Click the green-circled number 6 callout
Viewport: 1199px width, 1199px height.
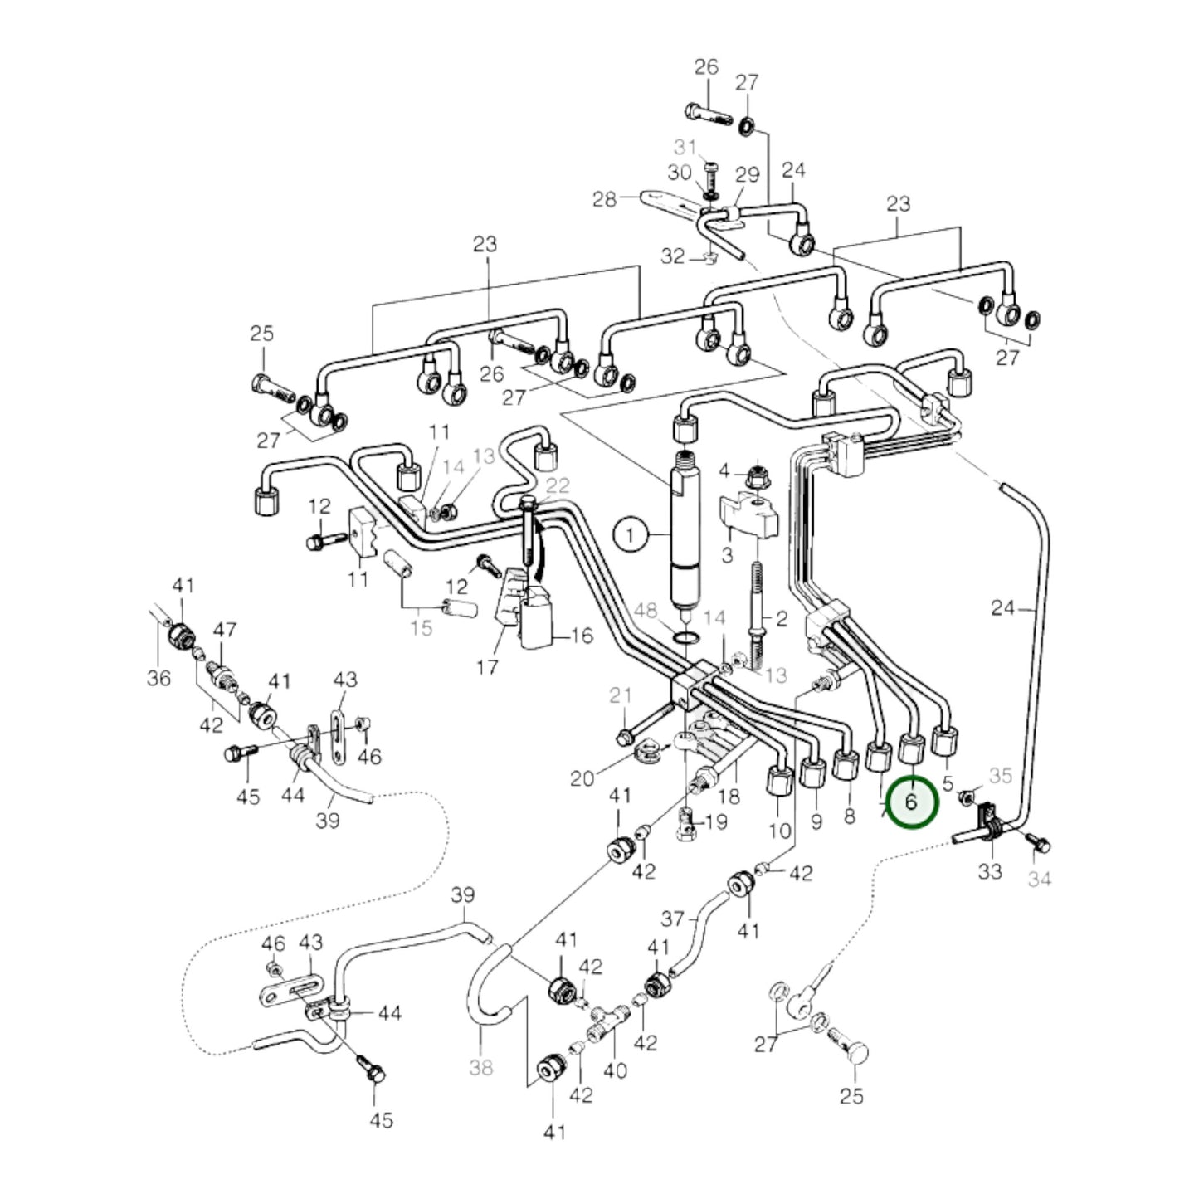[911, 802]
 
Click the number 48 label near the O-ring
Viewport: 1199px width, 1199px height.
[646, 611]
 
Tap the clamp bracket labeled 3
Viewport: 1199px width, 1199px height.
[749, 514]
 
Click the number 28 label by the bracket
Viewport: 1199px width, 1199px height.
[605, 200]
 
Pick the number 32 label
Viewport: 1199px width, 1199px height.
[673, 256]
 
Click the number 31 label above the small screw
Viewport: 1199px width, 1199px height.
[685, 147]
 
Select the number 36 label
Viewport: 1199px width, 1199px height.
[158, 678]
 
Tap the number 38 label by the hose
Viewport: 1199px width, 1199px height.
[481, 1066]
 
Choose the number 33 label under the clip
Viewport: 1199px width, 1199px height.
[990, 871]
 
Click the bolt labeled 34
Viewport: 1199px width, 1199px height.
[1036, 844]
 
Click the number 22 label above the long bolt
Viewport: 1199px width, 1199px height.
[558, 485]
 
